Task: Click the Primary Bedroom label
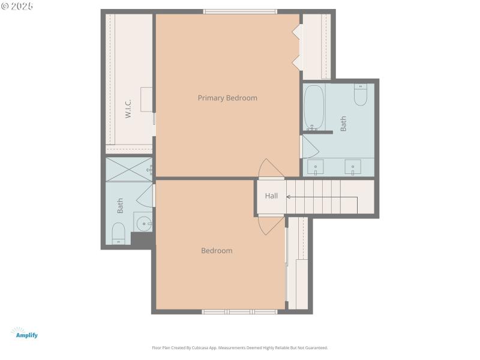[227, 98]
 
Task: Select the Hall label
[271, 196]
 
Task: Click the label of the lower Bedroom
[217, 251]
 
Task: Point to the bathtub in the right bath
[314, 107]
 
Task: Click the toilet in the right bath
[360, 95]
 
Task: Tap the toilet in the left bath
[118, 233]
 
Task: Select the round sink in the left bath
[143, 224]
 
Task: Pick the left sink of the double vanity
[316, 166]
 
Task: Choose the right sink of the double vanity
[352, 166]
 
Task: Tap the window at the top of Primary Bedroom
[240, 11]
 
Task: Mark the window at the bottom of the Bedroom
[239, 311]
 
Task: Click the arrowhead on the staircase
[289, 197]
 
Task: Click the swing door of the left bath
[146, 196]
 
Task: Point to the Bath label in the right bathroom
[344, 124]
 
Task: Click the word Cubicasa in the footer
[205, 347]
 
